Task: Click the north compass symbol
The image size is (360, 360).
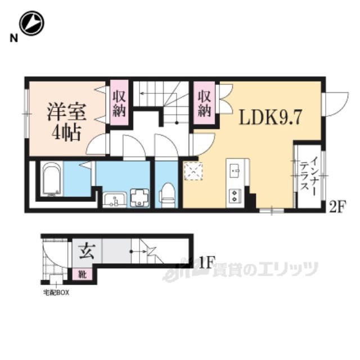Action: click(x=31, y=23)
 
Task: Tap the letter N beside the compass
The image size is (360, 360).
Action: click(x=13, y=38)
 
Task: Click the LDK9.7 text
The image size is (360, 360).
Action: click(x=270, y=117)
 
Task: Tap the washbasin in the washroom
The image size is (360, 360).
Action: click(x=114, y=200)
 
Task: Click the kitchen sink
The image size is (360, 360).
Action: click(x=235, y=170)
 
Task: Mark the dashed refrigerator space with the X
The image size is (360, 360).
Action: click(x=193, y=171)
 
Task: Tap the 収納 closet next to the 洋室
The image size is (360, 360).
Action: click(x=119, y=103)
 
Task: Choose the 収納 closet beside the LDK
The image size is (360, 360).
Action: click(x=204, y=103)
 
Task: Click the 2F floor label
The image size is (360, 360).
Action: click(x=336, y=207)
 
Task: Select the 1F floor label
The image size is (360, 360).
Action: click(x=207, y=263)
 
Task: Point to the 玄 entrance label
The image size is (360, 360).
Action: click(x=87, y=251)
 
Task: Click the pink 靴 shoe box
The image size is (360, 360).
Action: click(x=83, y=274)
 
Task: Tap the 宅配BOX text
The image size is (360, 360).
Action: click(x=56, y=292)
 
